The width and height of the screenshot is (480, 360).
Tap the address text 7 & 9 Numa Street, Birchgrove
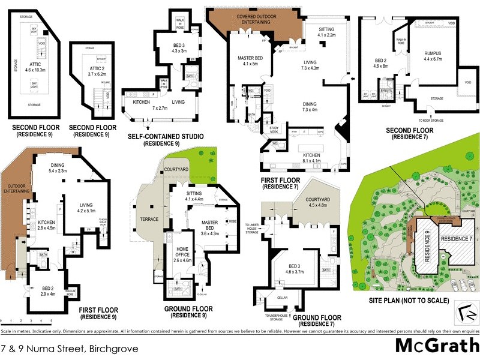coord(70,348)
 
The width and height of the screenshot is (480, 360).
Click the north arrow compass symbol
coord(463,313)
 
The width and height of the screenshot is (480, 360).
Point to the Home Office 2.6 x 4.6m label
coord(182,256)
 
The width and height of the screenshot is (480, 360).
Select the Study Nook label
coord(276,130)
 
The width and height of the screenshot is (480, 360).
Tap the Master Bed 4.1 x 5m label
coord(247,60)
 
